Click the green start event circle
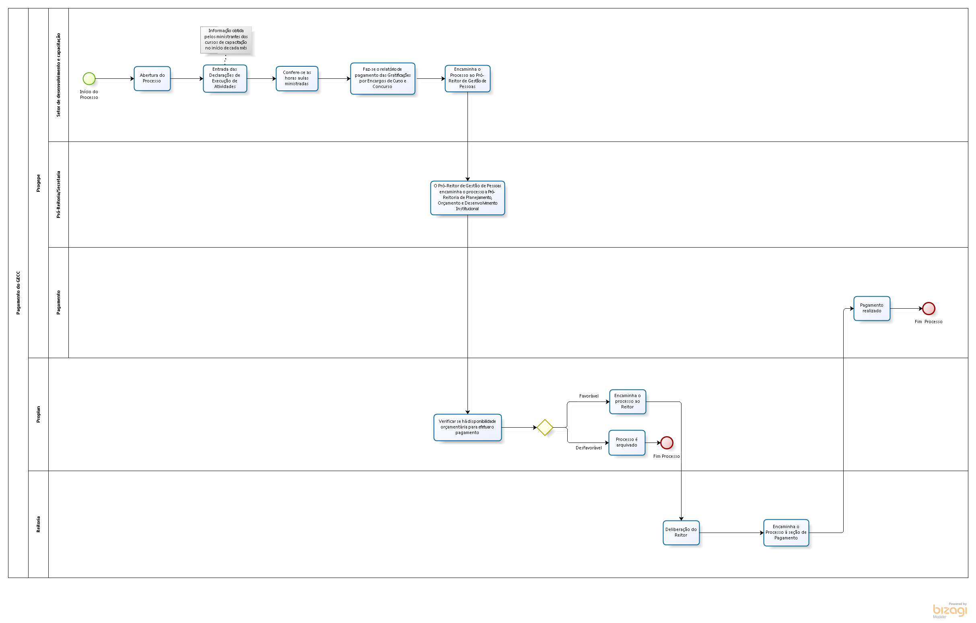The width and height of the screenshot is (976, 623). (89, 79)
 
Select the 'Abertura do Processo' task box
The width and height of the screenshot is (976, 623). (152, 79)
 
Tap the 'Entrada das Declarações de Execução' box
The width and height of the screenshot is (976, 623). (225, 79)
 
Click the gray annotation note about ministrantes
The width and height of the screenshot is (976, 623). (226, 40)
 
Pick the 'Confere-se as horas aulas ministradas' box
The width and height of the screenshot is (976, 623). (297, 79)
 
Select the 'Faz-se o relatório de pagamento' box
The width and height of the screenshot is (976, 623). (382, 78)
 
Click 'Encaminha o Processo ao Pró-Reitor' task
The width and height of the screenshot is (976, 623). (467, 78)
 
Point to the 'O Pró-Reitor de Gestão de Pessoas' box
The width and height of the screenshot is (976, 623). (467, 198)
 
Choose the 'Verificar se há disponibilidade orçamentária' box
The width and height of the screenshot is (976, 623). (467, 427)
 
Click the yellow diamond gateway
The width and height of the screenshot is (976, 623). (545, 427)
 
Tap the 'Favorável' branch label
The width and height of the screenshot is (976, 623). (589, 396)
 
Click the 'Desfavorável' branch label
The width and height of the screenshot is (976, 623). (589, 448)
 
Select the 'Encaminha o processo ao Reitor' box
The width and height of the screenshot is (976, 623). (628, 402)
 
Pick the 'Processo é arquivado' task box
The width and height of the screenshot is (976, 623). (627, 443)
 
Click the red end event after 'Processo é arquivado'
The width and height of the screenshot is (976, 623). (667, 443)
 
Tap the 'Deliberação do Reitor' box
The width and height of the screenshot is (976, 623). (681, 533)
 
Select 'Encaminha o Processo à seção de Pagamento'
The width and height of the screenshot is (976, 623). (786, 533)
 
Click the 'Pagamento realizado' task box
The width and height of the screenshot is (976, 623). (872, 308)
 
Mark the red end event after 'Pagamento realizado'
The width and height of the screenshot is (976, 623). (929, 308)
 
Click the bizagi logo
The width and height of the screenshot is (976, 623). (950, 611)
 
